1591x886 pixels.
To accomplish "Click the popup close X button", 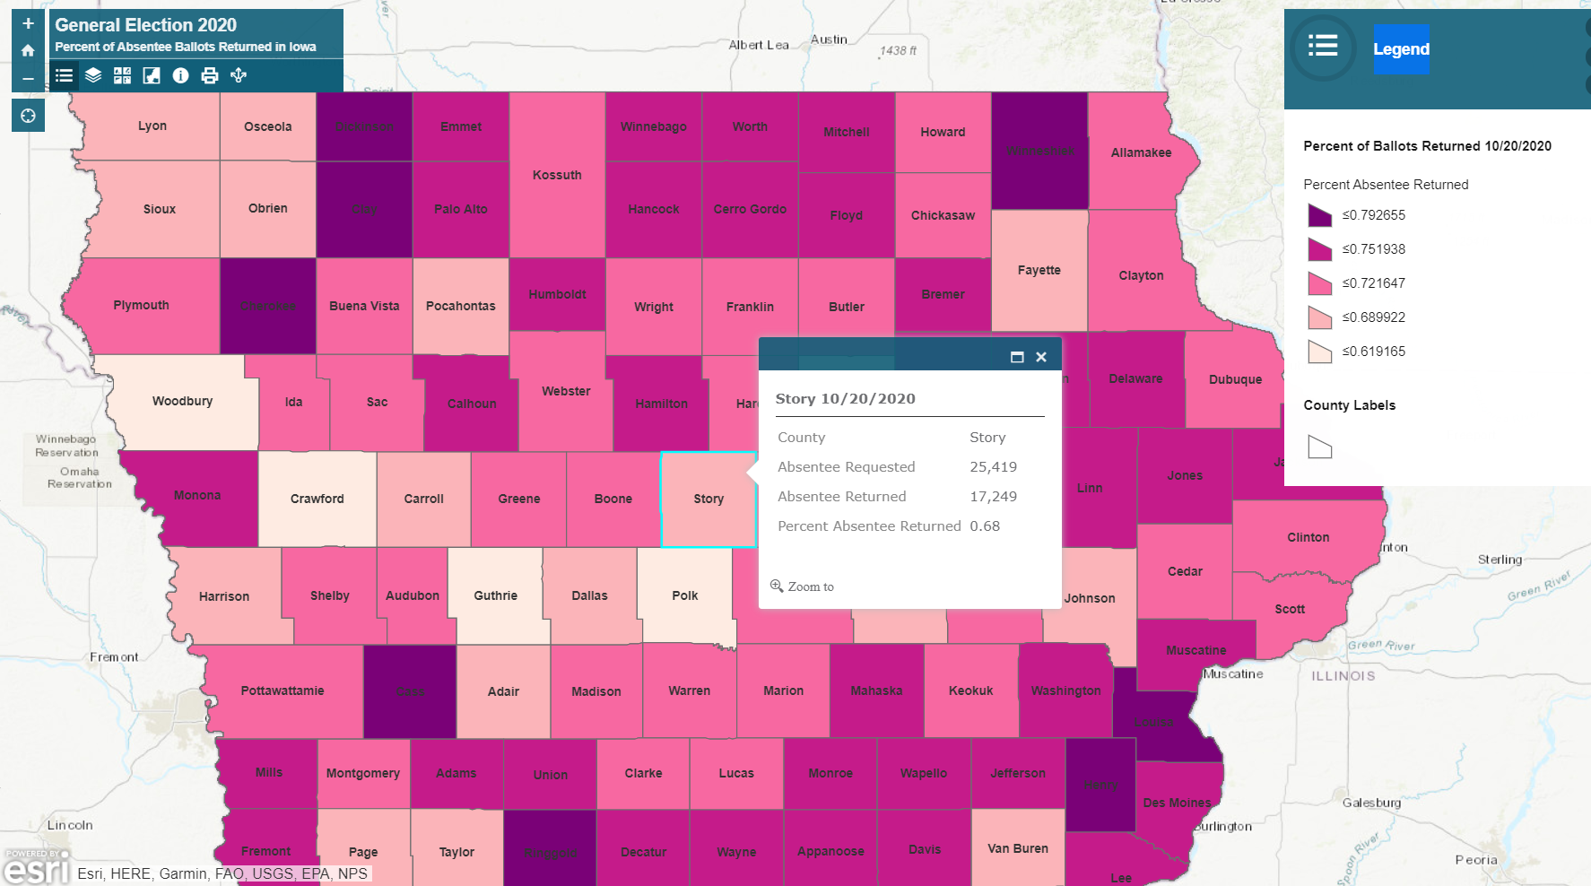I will click(x=1041, y=357).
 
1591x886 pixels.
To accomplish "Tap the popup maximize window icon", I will click(x=1017, y=357).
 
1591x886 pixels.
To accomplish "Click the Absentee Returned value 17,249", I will click(x=993, y=497).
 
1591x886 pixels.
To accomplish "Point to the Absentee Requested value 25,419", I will click(x=993, y=467).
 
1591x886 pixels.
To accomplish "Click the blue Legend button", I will click(x=1401, y=49).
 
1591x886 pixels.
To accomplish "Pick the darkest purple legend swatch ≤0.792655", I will click(x=1319, y=215).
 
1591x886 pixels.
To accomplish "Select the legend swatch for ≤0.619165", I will click(x=1319, y=352).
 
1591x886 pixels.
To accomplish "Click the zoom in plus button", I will click(x=28, y=24).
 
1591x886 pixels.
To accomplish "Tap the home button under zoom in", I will click(x=28, y=50).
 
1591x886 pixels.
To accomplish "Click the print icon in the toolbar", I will click(x=210, y=75).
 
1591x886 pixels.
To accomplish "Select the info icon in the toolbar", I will click(x=180, y=75).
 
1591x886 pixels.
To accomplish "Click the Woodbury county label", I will click(x=182, y=401).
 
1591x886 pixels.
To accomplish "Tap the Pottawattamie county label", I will click(x=283, y=691).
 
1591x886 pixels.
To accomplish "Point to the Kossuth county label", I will click(x=557, y=175).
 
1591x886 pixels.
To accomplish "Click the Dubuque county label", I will click(x=1235, y=379).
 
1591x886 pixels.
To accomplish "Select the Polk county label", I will click(x=684, y=595).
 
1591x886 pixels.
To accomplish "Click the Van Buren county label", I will click(x=1017, y=848).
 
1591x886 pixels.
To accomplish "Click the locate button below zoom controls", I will click(x=28, y=115).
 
